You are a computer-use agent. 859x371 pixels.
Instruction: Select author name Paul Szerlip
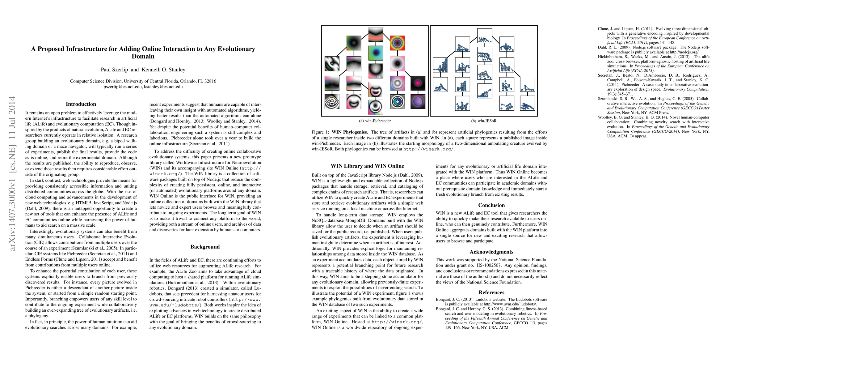(114, 70)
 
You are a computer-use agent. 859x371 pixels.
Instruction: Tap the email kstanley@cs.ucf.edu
(163, 87)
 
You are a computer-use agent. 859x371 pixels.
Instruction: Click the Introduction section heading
(81, 104)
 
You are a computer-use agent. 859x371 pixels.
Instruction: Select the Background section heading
(205, 247)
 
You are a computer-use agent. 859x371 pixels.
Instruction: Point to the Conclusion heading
(491, 206)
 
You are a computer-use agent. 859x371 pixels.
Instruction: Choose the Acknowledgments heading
(491, 252)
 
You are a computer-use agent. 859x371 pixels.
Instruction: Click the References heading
(491, 292)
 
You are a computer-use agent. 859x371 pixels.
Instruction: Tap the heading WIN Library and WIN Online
(367, 166)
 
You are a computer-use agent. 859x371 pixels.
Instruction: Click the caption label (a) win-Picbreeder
(375, 121)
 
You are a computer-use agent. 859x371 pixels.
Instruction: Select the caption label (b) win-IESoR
(484, 121)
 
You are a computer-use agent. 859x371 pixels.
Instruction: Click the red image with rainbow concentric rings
(397, 43)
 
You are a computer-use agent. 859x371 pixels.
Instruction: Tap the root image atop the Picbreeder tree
(376, 34)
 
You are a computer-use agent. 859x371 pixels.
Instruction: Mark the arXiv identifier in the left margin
(12, 173)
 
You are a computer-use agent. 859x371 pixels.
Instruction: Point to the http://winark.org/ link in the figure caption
(428, 149)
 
